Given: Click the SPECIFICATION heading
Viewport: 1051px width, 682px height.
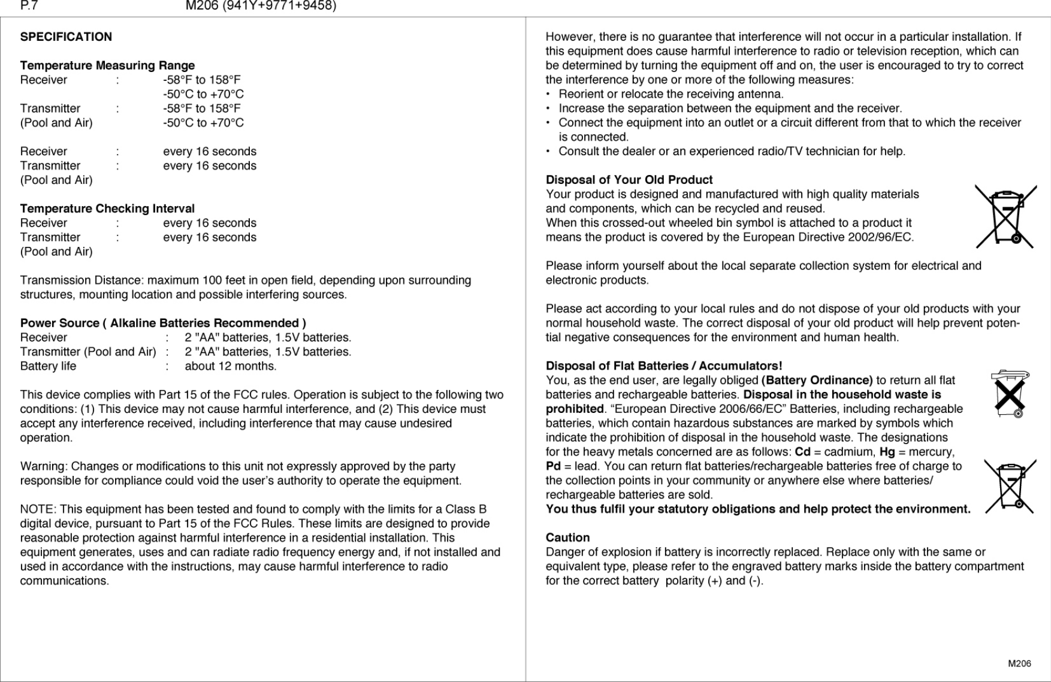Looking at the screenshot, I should pos(66,37).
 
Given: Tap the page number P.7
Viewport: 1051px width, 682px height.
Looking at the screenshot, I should pos(29,6).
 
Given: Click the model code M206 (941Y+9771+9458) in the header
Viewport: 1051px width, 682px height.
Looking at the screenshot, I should pos(261,6).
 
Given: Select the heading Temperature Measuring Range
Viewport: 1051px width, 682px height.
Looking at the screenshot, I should pos(107,65).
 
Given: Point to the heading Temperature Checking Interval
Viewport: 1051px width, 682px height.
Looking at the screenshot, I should pos(107,209).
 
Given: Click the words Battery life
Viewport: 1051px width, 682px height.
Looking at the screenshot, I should pos(48,366).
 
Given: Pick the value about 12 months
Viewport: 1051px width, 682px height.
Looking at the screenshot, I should pos(230,366).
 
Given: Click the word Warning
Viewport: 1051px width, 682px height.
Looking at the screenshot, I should pos(43,466).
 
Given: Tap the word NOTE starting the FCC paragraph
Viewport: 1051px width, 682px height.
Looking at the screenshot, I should pos(37,509).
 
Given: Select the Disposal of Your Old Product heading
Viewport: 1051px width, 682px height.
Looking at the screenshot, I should pos(629,180).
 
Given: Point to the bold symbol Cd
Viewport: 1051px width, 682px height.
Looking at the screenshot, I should pos(802,452).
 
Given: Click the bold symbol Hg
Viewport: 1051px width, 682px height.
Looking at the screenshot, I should pos(887,452).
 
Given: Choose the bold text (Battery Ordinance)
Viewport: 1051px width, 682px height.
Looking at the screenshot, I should pos(817,380).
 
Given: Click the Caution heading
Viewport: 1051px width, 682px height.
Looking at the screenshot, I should pos(567,538).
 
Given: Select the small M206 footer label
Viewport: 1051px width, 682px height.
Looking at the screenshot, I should pos(1019,663).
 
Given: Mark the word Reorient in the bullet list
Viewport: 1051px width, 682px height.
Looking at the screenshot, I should pos(581,94).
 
